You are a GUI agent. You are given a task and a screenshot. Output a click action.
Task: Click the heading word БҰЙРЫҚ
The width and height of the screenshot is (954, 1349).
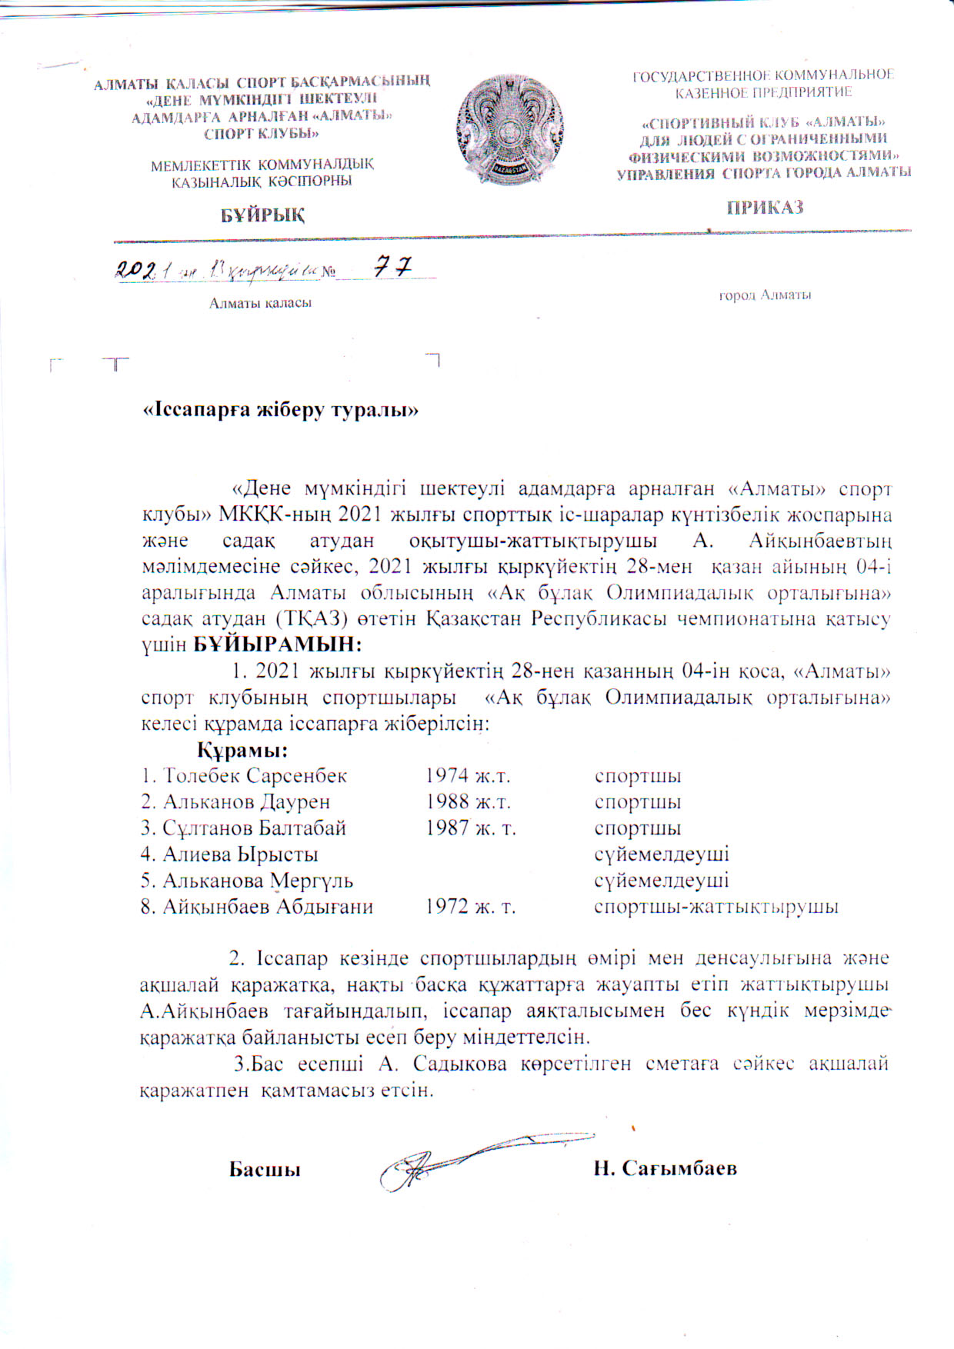pyautogui.click(x=263, y=215)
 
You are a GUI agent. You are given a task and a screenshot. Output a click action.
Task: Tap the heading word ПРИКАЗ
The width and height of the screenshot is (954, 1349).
pyautogui.click(x=765, y=208)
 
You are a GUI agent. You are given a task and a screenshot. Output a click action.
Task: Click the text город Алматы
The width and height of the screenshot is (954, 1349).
pyautogui.click(x=765, y=295)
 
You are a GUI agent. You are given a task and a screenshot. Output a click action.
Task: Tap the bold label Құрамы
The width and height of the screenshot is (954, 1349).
pyautogui.click(x=242, y=749)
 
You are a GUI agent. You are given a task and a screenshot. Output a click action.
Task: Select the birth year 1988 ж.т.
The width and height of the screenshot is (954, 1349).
pyautogui.click(x=468, y=802)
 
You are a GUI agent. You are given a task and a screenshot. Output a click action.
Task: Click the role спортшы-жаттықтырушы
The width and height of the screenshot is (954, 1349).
pyautogui.click(x=715, y=907)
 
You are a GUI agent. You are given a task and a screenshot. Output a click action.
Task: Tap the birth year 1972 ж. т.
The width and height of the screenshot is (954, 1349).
pyautogui.click(x=470, y=907)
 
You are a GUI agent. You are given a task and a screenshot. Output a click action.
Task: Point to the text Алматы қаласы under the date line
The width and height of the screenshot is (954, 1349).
pyautogui.click(x=260, y=303)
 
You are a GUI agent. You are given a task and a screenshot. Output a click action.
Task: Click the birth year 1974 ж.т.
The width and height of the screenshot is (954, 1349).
pyautogui.click(x=468, y=776)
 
